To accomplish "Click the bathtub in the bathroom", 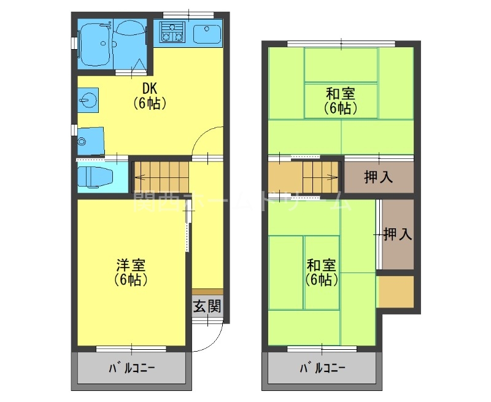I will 95,45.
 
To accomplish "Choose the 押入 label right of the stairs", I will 378,178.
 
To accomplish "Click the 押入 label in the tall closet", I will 396,234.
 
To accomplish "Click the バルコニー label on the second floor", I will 322,369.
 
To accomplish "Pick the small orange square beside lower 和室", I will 395,292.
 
